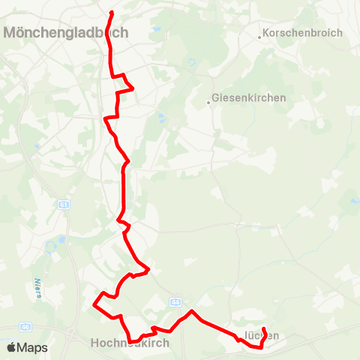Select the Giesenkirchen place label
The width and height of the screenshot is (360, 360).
[249, 97]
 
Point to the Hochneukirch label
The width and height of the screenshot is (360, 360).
[130, 342]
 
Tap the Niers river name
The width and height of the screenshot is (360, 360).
[37, 288]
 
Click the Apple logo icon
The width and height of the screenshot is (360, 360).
[10, 348]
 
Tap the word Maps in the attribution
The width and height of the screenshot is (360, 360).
[32, 348]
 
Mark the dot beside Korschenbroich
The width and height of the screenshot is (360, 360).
[261, 36]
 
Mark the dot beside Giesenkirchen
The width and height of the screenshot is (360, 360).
[208, 102]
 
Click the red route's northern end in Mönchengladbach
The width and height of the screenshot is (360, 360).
[112, 13]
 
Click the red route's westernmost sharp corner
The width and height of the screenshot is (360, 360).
[94, 304]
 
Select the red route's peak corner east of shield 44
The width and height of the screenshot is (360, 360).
[192, 310]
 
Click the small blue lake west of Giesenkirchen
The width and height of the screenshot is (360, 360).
[160, 117]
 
